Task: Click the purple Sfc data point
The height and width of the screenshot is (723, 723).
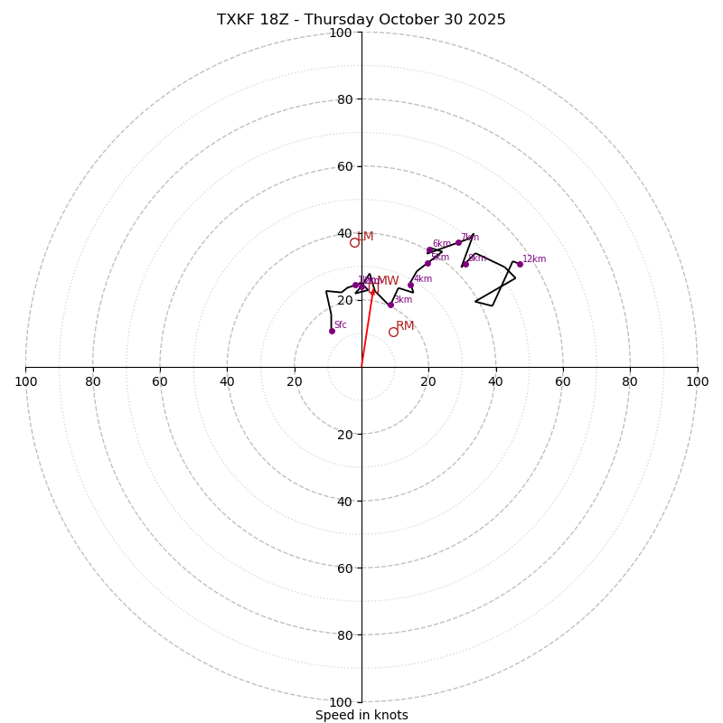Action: pos(332,331)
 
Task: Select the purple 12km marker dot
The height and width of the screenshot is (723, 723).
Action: pos(520,264)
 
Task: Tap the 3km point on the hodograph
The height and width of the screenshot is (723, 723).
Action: pos(390,305)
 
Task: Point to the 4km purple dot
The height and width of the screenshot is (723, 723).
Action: pos(410,285)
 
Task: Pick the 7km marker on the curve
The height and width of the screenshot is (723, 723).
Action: pos(458,242)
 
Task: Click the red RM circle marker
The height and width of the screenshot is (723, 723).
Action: pos(393,332)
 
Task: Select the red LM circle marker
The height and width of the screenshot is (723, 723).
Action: pos(354,242)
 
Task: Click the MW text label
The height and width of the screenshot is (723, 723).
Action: pos(388,281)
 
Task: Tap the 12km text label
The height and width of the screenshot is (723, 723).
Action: pos(534,259)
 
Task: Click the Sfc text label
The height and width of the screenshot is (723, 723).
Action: pos(341,325)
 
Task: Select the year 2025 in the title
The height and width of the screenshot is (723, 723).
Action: pos(486,20)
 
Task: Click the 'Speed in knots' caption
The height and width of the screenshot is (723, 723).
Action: pos(361,715)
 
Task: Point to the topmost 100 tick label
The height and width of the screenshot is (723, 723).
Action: pos(341,33)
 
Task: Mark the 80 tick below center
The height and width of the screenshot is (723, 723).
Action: pos(344,634)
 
